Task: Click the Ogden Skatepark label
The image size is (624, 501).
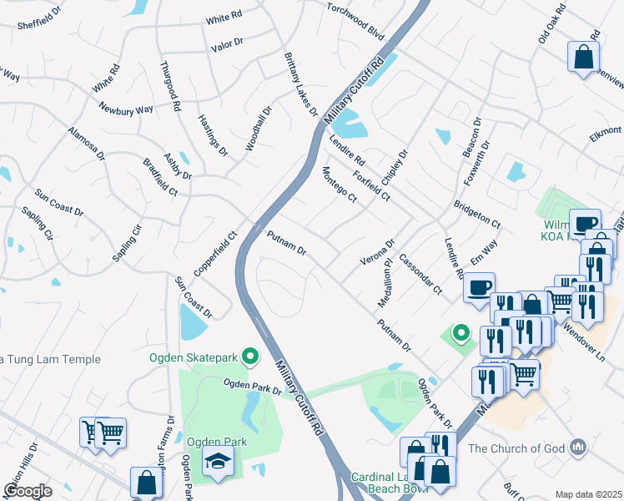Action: click(x=194, y=358)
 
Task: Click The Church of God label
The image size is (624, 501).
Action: click(x=517, y=448)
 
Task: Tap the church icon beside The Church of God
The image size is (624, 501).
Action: click(x=578, y=448)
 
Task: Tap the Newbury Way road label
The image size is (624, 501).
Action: click(x=125, y=109)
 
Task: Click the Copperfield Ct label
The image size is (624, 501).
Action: click(x=216, y=254)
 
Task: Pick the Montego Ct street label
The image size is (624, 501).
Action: click(x=340, y=185)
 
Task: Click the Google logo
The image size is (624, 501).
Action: click(x=28, y=491)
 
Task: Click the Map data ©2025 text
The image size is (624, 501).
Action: click(x=588, y=494)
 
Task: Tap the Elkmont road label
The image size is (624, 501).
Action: click(x=604, y=131)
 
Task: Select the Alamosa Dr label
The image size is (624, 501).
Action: click(x=87, y=143)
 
